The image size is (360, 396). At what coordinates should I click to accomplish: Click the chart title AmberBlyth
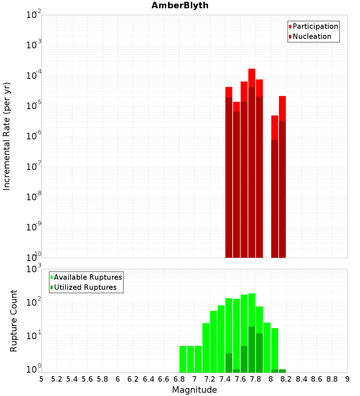click(x=180, y=5)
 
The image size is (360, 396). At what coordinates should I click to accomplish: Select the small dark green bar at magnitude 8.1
click(x=282, y=371)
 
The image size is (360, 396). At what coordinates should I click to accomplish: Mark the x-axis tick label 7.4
click(x=225, y=379)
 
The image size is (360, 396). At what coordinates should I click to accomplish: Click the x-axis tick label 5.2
click(x=57, y=379)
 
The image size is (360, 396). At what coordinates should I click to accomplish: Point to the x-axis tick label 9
click(x=347, y=379)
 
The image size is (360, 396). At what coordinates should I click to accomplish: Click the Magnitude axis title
click(x=194, y=390)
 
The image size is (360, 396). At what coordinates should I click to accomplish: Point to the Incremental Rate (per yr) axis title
click(x=7, y=136)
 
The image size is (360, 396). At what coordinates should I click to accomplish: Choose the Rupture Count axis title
click(x=14, y=320)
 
